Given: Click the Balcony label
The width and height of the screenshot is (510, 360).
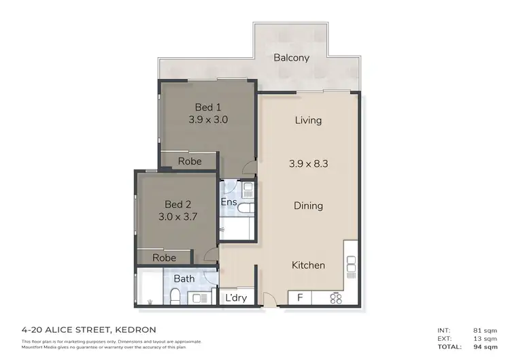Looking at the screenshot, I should [x=291, y=58].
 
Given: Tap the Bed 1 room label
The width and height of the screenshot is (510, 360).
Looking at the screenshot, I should [x=208, y=107].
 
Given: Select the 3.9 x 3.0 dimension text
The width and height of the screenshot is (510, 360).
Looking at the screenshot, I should [x=208, y=119].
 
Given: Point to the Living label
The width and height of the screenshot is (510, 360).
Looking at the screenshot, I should [x=308, y=120].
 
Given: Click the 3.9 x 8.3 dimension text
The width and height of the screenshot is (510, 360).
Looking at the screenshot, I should [x=308, y=163].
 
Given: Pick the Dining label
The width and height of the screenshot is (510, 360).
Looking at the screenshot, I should [x=308, y=206].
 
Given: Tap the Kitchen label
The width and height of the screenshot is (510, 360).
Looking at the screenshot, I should [x=308, y=265].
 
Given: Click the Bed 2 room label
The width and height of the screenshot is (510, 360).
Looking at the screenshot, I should [x=177, y=203].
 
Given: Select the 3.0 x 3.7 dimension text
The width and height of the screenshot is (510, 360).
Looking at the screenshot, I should [x=177, y=216].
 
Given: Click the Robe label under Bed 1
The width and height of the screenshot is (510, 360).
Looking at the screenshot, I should [x=190, y=161].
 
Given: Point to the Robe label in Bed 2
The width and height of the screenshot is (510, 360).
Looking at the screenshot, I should [x=164, y=258].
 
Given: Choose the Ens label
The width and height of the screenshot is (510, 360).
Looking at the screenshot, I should [x=228, y=202].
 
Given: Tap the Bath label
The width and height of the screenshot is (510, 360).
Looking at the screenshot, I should [x=184, y=278].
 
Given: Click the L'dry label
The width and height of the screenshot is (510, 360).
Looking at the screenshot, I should [x=235, y=298].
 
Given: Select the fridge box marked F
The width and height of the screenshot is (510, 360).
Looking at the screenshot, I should [x=299, y=298].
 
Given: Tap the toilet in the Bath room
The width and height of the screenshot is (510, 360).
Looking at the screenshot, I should [x=175, y=295].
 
